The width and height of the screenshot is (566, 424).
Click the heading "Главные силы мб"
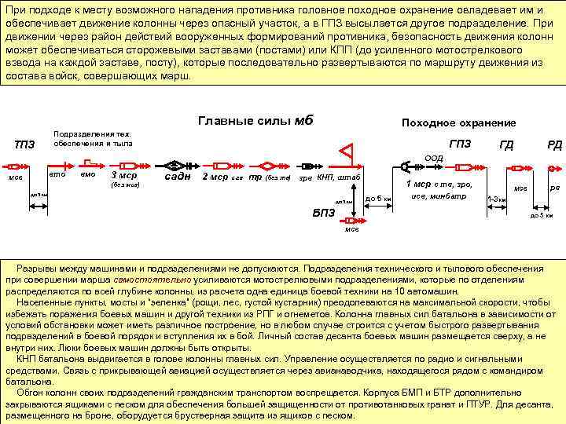[255, 121]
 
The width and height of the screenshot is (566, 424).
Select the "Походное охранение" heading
[458, 122]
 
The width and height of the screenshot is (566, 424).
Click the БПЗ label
[324, 213]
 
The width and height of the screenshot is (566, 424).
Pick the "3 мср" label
[124, 175]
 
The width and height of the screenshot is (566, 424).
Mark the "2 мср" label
[215, 177]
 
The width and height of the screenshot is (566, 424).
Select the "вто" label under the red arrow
[57, 174]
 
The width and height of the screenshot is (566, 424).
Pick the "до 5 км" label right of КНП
[378, 198]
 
